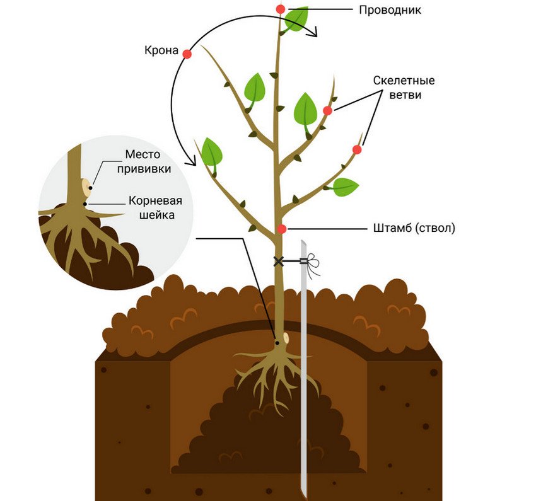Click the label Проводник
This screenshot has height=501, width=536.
pos(390,10)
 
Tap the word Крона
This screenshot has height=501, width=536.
pos(161,50)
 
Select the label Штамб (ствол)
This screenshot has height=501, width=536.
pos(414,227)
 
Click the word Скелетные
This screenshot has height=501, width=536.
pos(404,81)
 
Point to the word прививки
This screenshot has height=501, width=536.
pos(144,169)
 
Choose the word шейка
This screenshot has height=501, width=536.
pos(157,215)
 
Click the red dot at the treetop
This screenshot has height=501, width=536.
pos(281,9)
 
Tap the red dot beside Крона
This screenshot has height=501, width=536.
pos(187,54)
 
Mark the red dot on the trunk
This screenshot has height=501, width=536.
pos(281,229)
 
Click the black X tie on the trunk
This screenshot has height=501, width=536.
pos(279,262)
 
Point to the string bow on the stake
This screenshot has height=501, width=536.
pos(312,263)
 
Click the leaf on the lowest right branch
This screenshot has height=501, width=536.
pos(346,187)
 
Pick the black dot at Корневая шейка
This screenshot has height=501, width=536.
pos(84,204)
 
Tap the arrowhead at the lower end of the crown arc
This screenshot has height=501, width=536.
pos(192,161)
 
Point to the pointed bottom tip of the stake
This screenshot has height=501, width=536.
pos(305,497)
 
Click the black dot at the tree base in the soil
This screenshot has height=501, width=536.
pos(277,343)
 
